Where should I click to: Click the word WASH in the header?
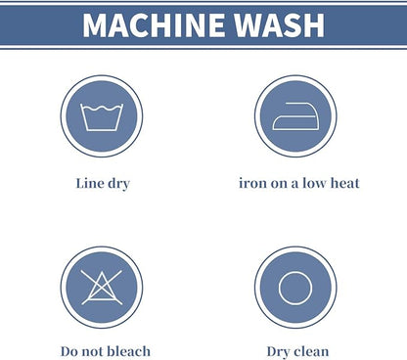tap(280, 25)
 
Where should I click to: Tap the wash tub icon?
tap(102, 117)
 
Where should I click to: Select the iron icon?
tap(295, 116)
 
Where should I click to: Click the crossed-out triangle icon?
tap(102, 288)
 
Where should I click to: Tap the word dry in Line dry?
tap(119, 184)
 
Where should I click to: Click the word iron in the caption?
tap(250, 183)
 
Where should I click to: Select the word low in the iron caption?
tap(314, 183)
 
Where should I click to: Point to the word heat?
tap(345, 183)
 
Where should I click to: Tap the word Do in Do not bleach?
tap(69, 352)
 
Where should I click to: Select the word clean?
tap(311, 351)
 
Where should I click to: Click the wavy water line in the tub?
tap(102, 109)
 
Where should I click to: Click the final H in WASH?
tap(314, 25)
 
